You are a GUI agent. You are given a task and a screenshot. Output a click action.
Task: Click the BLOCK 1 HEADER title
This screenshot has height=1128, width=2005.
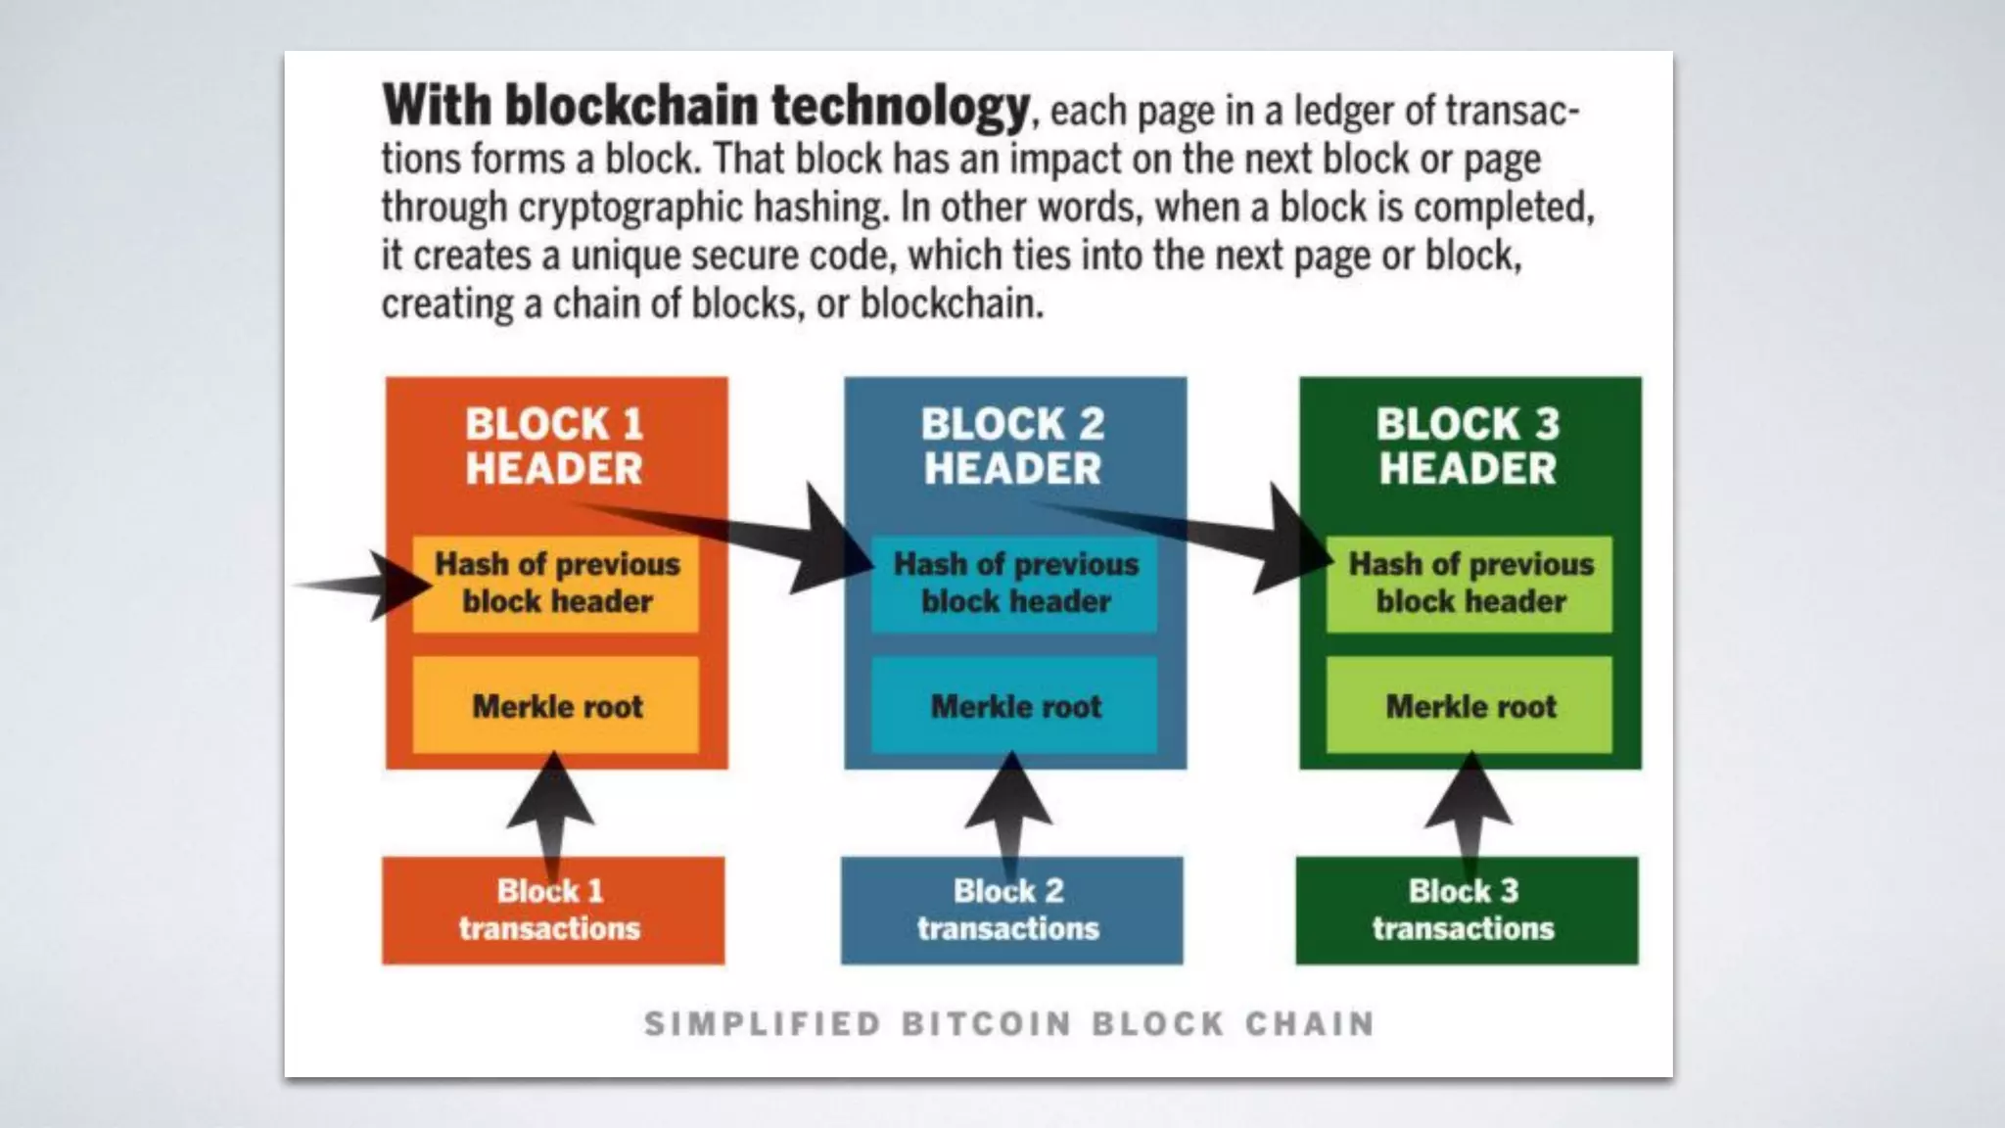(x=554, y=446)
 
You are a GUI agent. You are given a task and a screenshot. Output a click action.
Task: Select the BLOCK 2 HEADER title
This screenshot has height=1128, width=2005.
(x=1012, y=446)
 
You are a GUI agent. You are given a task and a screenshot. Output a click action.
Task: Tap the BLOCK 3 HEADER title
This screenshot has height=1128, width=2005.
(x=1468, y=446)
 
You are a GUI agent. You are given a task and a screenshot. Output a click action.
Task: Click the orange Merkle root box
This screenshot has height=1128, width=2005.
(x=556, y=706)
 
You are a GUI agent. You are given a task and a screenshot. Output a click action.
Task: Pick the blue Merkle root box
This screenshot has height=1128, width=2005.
(x=1015, y=706)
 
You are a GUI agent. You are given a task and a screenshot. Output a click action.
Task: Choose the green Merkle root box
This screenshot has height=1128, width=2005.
(x=1469, y=706)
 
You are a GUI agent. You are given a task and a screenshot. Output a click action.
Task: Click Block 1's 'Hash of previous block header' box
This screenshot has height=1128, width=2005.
(x=556, y=583)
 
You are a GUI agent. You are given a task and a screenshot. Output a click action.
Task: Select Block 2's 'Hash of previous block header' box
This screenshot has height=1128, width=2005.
(x=1015, y=583)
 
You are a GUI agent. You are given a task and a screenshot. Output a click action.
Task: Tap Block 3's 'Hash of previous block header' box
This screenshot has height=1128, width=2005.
(x=1470, y=583)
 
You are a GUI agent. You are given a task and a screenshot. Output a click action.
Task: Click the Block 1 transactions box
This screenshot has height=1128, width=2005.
(x=552, y=911)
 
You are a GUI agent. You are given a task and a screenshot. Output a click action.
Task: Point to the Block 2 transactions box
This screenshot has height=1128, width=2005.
(x=1010, y=911)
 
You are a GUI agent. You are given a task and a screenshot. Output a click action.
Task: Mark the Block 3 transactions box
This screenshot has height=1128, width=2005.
(x=1466, y=911)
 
